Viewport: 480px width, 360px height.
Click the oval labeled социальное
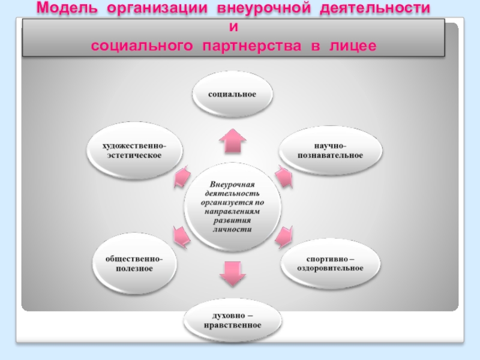coord(232,95)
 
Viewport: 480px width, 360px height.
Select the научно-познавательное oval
coord(330,151)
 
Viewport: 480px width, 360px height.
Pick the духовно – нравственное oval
coord(232,320)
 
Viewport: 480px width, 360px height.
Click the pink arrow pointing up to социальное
coord(232,141)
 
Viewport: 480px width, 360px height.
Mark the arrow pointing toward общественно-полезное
coord(181,236)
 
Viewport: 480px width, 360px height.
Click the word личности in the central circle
coord(232,229)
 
